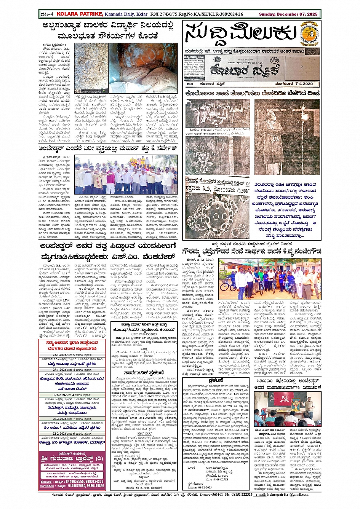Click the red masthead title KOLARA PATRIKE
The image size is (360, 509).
point(80,14)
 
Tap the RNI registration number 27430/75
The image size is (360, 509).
point(168,14)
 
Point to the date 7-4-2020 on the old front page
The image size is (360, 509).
point(301,83)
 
